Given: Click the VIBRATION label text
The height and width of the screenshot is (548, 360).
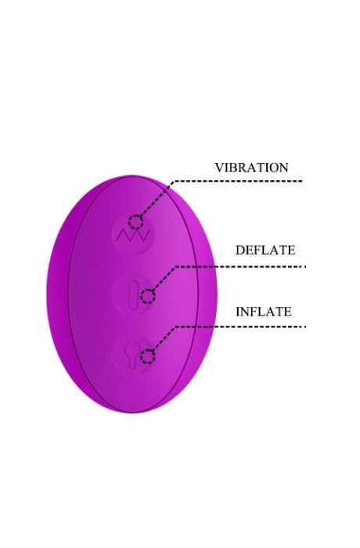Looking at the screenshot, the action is pyautogui.click(x=251, y=168).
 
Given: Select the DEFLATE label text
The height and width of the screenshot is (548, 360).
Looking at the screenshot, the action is pyautogui.click(x=265, y=250).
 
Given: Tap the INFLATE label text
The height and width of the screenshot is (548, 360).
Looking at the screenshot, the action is pyautogui.click(x=264, y=312).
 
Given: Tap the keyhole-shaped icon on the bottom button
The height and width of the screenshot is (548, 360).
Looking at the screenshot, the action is pyautogui.click(x=133, y=354).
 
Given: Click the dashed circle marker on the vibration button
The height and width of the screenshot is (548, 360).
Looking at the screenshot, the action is pyautogui.click(x=135, y=222).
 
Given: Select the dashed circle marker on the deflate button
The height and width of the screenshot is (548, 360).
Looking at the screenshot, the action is pyautogui.click(x=148, y=297).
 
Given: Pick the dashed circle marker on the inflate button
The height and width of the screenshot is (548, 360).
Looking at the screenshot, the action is pyautogui.click(x=148, y=357).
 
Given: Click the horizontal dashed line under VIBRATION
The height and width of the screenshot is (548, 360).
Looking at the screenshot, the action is pyautogui.click(x=239, y=181).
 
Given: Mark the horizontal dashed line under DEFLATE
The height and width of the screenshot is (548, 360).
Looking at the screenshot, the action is pyautogui.click(x=240, y=267).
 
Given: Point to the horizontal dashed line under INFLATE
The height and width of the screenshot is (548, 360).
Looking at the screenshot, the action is pyautogui.click(x=240, y=326).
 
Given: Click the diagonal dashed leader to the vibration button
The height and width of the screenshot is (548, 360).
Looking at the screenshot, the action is pyautogui.click(x=157, y=199).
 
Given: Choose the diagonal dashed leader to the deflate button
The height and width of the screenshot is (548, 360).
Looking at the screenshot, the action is pyautogui.click(x=164, y=278).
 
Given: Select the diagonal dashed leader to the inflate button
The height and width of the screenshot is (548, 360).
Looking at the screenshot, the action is pyautogui.click(x=164, y=339).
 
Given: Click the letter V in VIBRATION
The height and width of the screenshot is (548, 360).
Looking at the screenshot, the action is pyautogui.click(x=219, y=168).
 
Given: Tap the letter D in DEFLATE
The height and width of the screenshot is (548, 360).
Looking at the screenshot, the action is pyautogui.click(x=239, y=250).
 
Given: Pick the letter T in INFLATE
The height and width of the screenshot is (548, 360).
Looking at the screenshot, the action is pyautogui.click(x=277, y=312).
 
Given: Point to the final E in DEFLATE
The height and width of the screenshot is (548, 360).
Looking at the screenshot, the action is pyautogui.click(x=291, y=250).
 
